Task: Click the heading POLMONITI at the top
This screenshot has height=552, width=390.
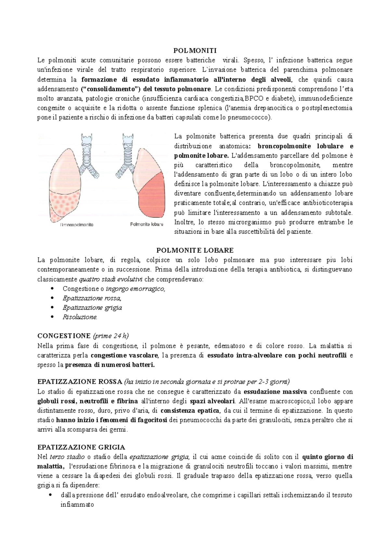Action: point(195,50)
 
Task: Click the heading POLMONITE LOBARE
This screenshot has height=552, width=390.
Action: point(195,250)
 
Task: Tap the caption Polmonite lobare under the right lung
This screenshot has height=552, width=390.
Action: point(147,224)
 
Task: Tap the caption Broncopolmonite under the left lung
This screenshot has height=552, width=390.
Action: point(77,224)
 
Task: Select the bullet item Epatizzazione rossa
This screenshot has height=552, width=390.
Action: point(92,298)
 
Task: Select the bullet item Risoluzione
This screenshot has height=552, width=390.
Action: point(80,317)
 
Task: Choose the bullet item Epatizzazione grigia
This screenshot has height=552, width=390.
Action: point(92,308)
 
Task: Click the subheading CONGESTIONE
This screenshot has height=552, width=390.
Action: point(64,336)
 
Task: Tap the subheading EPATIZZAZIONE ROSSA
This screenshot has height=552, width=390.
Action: point(80,382)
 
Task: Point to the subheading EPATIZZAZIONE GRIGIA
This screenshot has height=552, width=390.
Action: point(81,447)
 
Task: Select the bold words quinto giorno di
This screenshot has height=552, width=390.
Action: point(328,457)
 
